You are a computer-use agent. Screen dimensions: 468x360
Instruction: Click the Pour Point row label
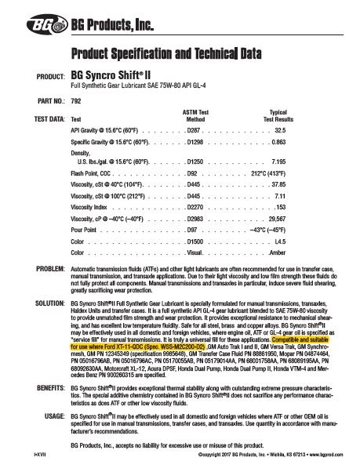pos(85,231)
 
